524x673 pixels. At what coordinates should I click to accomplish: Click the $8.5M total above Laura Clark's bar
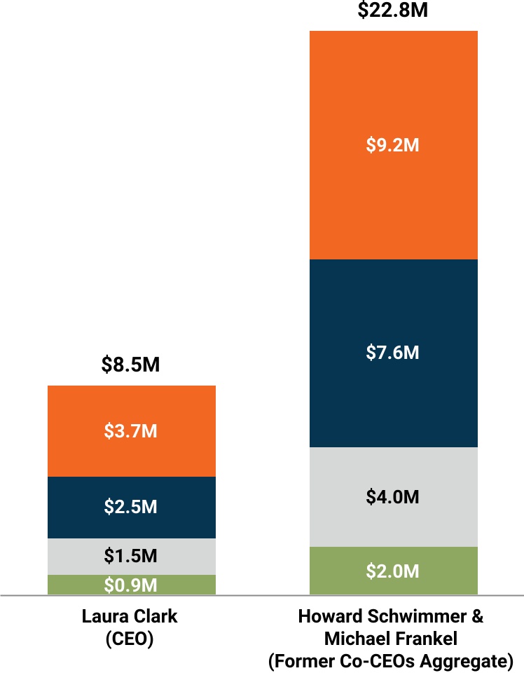point(131,365)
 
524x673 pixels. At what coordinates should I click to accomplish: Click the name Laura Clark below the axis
point(130,617)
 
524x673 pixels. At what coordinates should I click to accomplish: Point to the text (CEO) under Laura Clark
point(130,639)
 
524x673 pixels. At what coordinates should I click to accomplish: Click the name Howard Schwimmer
point(384,617)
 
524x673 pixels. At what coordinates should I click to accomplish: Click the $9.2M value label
point(393,146)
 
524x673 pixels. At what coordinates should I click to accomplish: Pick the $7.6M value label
point(393,352)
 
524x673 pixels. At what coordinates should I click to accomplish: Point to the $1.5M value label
point(131,557)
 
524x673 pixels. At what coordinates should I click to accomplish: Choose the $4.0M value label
point(393,497)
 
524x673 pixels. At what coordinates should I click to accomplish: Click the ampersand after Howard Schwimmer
point(477,617)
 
